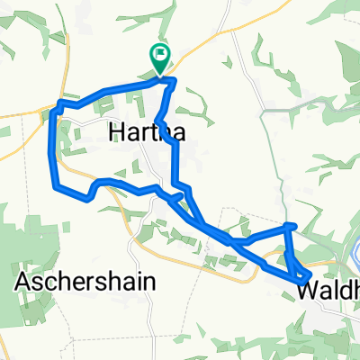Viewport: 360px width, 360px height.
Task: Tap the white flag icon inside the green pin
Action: (160, 55)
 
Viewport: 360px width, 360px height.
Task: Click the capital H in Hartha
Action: (114, 132)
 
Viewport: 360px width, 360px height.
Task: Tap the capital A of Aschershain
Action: (24, 281)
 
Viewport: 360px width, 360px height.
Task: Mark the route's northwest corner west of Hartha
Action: (59, 104)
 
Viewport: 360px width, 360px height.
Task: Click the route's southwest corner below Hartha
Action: (57, 187)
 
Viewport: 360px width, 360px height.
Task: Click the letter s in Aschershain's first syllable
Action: (43, 281)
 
